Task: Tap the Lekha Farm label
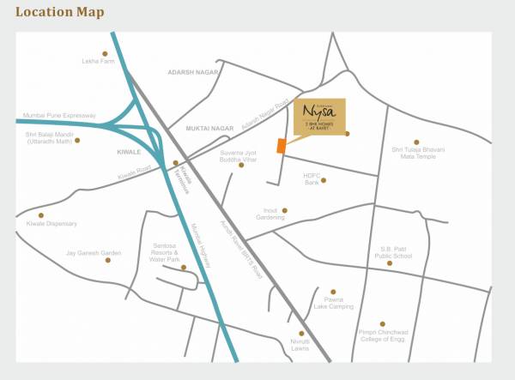pyautogui.click(x=98, y=62)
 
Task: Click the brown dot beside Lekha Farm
pyautogui.click(x=106, y=53)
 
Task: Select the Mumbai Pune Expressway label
pyautogui.click(x=61, y=115)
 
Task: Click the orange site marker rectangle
pyautogui.click(x=281, y=145)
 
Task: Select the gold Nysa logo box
pyautogui.click(x=319, y=117)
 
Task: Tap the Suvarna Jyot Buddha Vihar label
pyautogui.click(x=239, y=155)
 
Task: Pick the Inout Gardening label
pyautogui.click(x=269, y=214)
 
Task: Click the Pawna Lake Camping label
pyautogui.click(x=333, y=303)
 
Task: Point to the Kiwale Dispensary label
pyautogui.click(x=51, y=224)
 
